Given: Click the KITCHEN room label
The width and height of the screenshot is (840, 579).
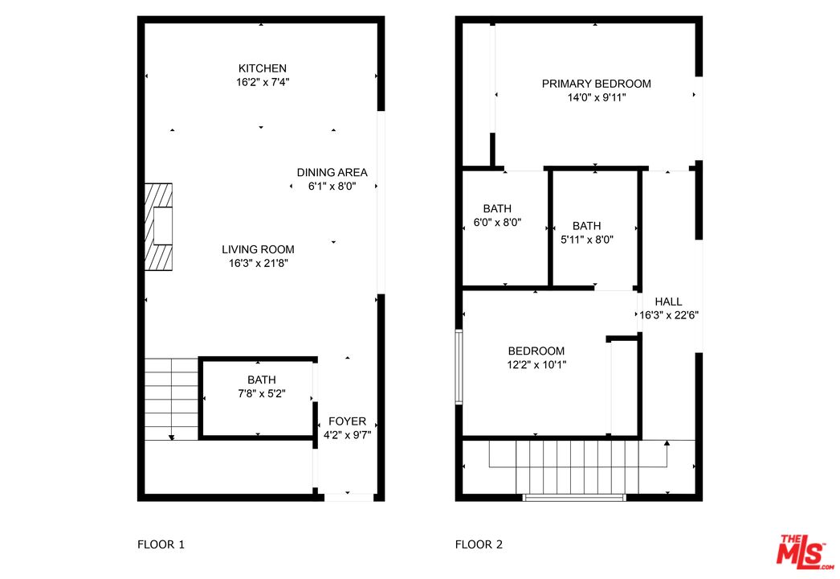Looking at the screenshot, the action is click(x=262, y=68).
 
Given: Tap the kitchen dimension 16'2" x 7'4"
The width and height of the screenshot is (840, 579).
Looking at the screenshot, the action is click(x=263, y=82).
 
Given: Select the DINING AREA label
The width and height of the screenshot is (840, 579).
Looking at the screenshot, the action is click(x=332, y=172).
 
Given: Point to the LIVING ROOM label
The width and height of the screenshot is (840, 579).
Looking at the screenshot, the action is click(x=259, y=249).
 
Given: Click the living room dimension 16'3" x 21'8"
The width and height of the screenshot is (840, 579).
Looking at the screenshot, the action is click(x=259, y=263).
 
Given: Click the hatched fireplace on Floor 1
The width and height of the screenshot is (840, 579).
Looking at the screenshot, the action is click(x=158, y=227).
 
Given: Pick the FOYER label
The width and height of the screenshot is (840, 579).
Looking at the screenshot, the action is click(x=347, y=421).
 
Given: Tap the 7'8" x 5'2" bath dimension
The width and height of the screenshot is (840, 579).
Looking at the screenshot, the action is click(x=262, y=393).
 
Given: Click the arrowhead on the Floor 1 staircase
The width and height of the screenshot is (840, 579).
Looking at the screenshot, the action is click(x=171, y=437).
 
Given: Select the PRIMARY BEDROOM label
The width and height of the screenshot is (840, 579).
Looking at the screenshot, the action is click(x=596, y=84).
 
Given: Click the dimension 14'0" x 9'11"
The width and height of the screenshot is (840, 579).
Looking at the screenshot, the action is click(x=597, y=97).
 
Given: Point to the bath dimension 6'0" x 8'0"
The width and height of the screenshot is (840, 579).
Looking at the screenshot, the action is click(x=497, y=222).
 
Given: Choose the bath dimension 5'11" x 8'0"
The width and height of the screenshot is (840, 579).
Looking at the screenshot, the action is click(x=586, y=240).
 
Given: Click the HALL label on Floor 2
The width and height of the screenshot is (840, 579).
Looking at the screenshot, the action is click(x=668, y=302).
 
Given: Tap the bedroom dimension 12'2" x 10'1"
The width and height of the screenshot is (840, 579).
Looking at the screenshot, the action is click(x=536, y=365).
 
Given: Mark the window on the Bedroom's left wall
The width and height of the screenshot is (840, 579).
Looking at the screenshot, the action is click(x=459, y=367).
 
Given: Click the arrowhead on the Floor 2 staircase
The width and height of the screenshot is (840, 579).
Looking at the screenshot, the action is click(x=667, y=443).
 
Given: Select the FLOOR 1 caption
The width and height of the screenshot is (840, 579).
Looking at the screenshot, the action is click(x=161, y=544).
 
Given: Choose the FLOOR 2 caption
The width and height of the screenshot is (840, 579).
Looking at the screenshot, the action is click(x=479, y=544).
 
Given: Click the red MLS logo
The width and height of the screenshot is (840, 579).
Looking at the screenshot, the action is click(x=803, y=552).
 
